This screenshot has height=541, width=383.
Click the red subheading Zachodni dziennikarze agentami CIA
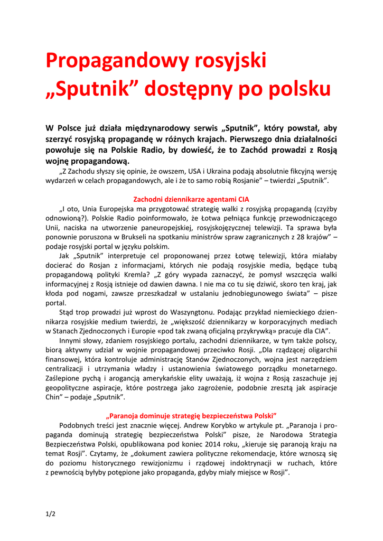191,199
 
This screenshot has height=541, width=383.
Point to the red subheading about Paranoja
191,416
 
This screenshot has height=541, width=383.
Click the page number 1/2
51,514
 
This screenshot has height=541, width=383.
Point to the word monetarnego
312,368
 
